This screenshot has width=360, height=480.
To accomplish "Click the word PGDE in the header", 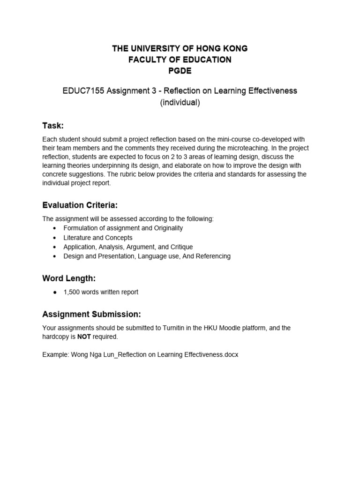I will point(180,71).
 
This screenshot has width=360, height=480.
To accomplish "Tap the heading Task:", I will point(52,126).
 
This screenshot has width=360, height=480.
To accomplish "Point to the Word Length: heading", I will point(69,278).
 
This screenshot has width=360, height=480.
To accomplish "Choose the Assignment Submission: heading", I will point(91,314).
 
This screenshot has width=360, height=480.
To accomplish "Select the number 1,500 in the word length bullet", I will point(72,292).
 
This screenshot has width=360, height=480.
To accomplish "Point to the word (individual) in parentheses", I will point(180,103).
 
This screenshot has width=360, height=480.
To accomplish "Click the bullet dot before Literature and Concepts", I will point(55,238).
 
